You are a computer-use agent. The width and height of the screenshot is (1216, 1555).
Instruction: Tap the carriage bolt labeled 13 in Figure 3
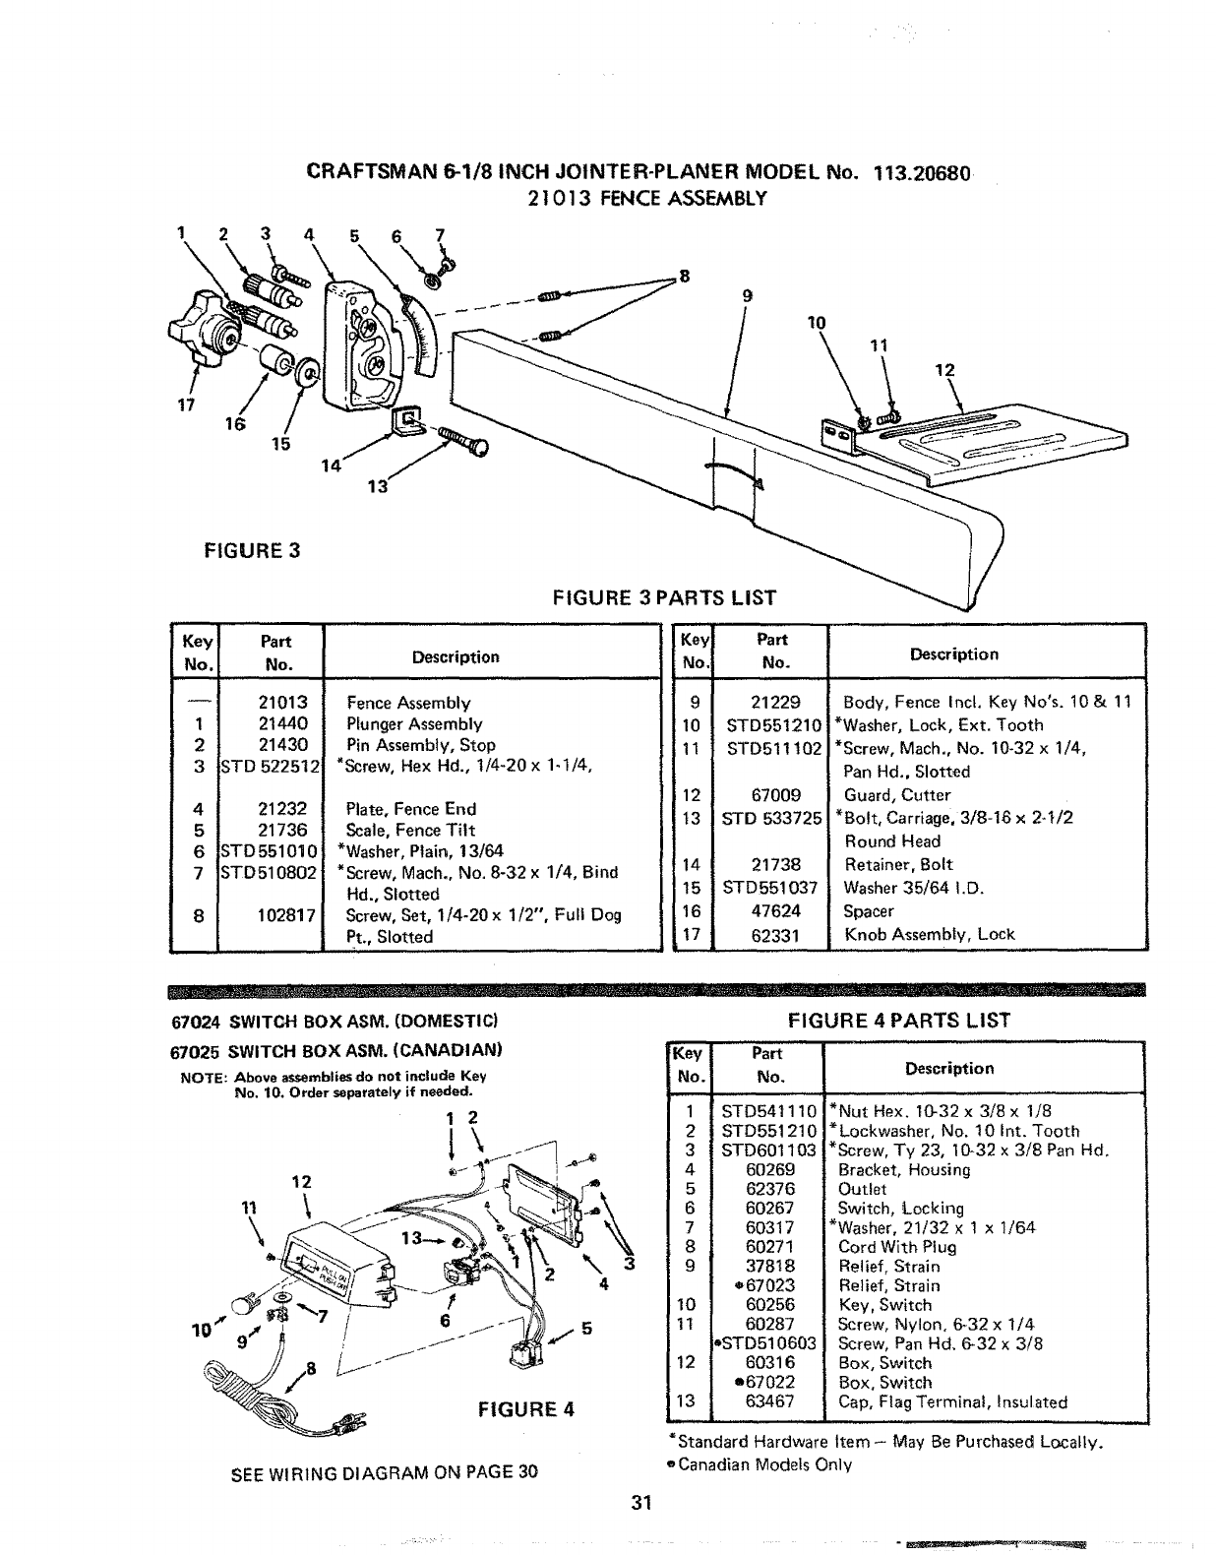[x=461, y=439]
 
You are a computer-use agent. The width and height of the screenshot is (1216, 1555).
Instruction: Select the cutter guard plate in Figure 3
[x=984, y=442]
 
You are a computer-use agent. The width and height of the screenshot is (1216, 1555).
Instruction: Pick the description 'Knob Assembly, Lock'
[x=929, y=934]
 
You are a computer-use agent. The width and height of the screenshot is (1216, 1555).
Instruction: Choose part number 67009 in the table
[x=775, y=795]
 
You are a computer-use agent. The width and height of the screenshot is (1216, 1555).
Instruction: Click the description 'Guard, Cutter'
[x=897, y=795]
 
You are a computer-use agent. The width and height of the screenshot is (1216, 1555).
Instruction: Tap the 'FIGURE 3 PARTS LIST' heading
[x=665, y=597]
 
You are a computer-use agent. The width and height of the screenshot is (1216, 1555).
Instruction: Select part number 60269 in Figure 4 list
[x=769, y=1170]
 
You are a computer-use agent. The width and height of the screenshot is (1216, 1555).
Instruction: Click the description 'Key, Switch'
[x=884, y=1305]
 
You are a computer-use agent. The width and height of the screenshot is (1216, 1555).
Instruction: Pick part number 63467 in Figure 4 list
[x=769, y=1401]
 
